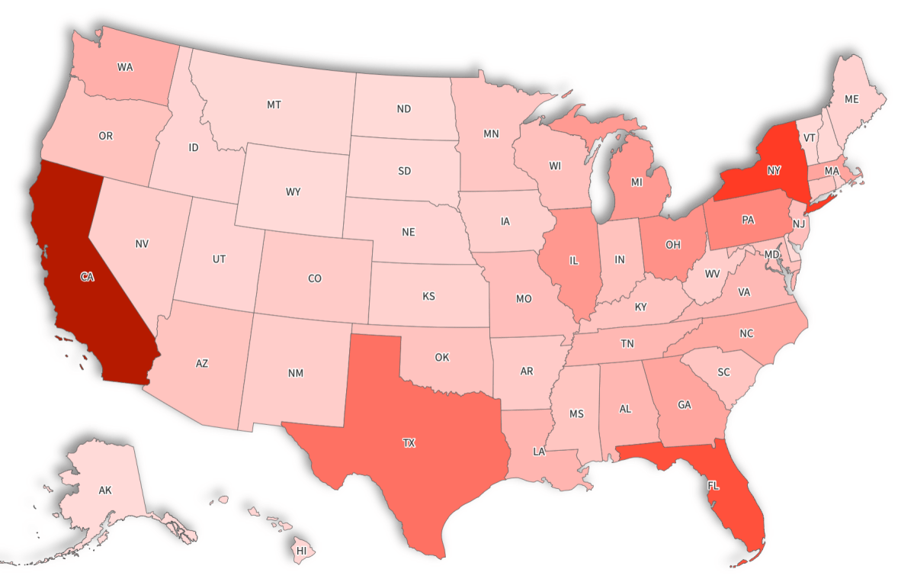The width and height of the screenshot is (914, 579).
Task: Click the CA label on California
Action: (x=87, y=277)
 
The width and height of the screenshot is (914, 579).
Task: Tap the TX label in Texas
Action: (x=409, y=442)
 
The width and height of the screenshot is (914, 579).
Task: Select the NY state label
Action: (x=774, y=169)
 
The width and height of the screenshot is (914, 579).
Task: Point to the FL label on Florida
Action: (x=713, y=485)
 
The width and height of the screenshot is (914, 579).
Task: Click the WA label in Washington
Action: (x=125, y=67)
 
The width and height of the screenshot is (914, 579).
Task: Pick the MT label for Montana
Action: (x=274, y=105)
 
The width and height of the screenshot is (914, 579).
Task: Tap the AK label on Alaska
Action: (x=105, y=491)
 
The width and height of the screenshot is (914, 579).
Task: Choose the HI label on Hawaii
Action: (x=301, y=550)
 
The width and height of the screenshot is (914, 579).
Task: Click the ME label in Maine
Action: (x=851, y=99)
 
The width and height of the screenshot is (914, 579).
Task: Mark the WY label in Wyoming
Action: (x=293, y=191)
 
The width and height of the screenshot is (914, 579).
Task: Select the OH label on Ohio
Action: (x=672, y=244)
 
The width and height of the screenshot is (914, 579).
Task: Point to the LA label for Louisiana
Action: (x=539, y=452)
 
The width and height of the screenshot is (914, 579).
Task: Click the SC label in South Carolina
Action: (x=723, y=372)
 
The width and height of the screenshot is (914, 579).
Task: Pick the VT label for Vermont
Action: (x=810, y=137)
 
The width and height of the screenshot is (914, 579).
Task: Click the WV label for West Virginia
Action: (x=712, y=273)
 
